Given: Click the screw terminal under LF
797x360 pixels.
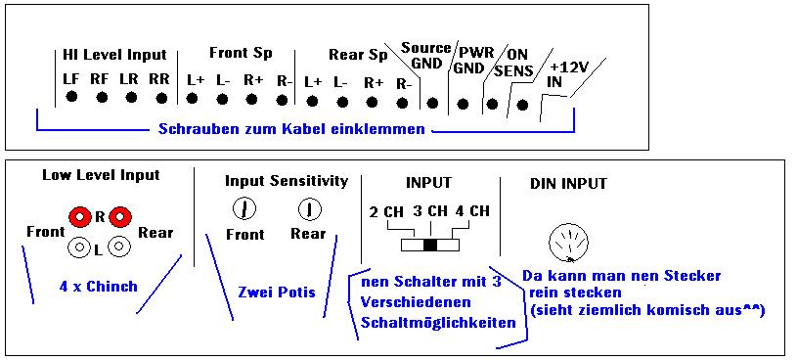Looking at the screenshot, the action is (71, 96).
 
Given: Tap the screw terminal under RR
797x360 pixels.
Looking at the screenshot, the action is (161, 97).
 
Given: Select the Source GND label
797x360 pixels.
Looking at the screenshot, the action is (425, 56).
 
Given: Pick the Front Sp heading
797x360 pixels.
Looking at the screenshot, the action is (241, 53).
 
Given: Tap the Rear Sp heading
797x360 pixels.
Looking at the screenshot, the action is (358, 55).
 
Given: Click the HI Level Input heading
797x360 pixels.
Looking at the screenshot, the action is (114, 55).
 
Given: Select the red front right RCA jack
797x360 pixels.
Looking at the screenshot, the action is (79, 217).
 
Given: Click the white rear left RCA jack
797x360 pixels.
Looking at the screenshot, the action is (119, 247).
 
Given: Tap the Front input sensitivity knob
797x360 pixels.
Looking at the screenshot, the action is (244, 209).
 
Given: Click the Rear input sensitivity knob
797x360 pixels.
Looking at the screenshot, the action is (309, 209).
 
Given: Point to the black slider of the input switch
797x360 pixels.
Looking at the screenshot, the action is (430, 246).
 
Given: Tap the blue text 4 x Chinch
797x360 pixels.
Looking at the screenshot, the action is (98, 287).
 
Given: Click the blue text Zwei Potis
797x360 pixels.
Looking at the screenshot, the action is (277, 292).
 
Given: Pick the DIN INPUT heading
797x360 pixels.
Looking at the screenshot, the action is (568, 184).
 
